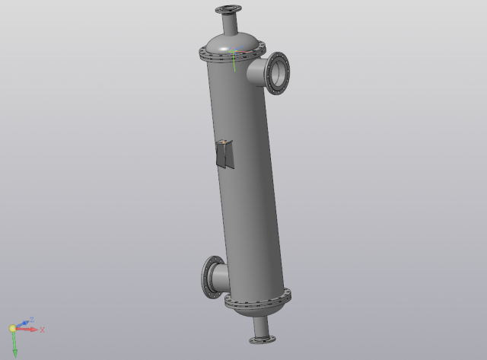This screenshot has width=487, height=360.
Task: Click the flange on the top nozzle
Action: coord(228,9)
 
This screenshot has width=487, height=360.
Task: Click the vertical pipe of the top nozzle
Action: coord(230,24)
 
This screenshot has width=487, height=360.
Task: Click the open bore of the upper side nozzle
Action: coord(279,73)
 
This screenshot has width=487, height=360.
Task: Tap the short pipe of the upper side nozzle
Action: coord(256,72)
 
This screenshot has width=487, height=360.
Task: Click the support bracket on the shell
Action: coord(224,154)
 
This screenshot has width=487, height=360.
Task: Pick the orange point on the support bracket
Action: coord(223,142)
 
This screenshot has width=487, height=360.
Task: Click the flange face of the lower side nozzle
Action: coord(208,277)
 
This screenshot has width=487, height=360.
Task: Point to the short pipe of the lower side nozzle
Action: coord(221,279)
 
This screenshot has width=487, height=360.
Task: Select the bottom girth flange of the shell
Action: coord(258,300)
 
